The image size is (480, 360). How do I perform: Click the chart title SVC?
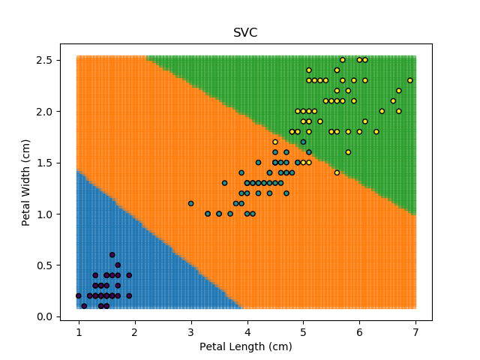(x=246, y=33)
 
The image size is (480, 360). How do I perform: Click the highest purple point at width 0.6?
(x=112, y=255)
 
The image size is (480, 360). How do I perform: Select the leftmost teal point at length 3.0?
(x=190, y=203)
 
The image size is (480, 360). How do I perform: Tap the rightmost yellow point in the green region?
(x=409, y=80)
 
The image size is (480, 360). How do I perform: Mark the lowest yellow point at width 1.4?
(x=337, y=172)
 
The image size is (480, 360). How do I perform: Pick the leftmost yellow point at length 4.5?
(x=275, y=142)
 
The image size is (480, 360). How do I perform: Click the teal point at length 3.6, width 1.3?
(x=224, y=183)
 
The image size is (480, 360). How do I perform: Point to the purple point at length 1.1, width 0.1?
(x=84, y=306)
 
